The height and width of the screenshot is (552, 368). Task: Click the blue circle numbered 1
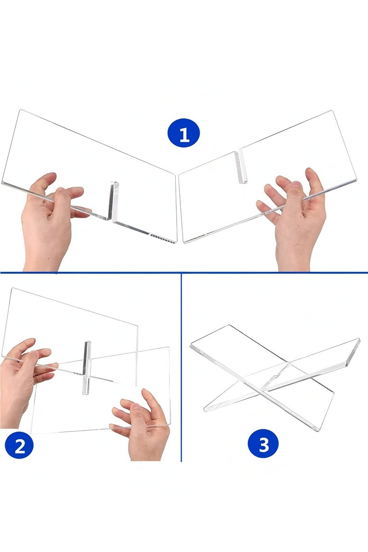184,133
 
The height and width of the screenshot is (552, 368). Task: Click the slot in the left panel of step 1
113,201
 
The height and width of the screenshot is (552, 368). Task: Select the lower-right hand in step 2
143,429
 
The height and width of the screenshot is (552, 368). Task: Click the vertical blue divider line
181,367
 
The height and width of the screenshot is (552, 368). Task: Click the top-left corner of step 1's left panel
20,110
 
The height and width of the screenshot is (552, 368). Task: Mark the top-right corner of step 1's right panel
332,111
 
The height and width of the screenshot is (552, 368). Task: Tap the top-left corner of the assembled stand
191,345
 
